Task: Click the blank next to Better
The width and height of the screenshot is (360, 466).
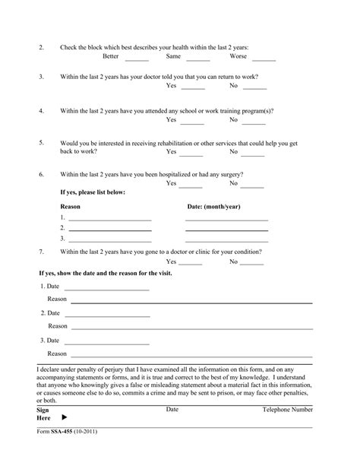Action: point(137,58)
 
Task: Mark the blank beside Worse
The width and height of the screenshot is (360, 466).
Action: point(264,58)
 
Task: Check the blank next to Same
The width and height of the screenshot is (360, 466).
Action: point(197,58)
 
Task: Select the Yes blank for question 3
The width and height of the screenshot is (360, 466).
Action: point(192,87)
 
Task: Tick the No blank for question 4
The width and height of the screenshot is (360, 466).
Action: point(254,122)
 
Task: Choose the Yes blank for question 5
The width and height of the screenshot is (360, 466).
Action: point(192,154)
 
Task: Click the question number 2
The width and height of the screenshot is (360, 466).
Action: point(42,47)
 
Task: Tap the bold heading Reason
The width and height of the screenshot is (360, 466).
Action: point(70,207)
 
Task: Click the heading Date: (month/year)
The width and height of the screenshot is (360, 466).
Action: point(213,207)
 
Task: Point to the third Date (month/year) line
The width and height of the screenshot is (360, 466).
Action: point(226,239)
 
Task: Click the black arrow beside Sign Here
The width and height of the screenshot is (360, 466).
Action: point(64,418)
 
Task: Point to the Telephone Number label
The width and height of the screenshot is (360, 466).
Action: point(287,410)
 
